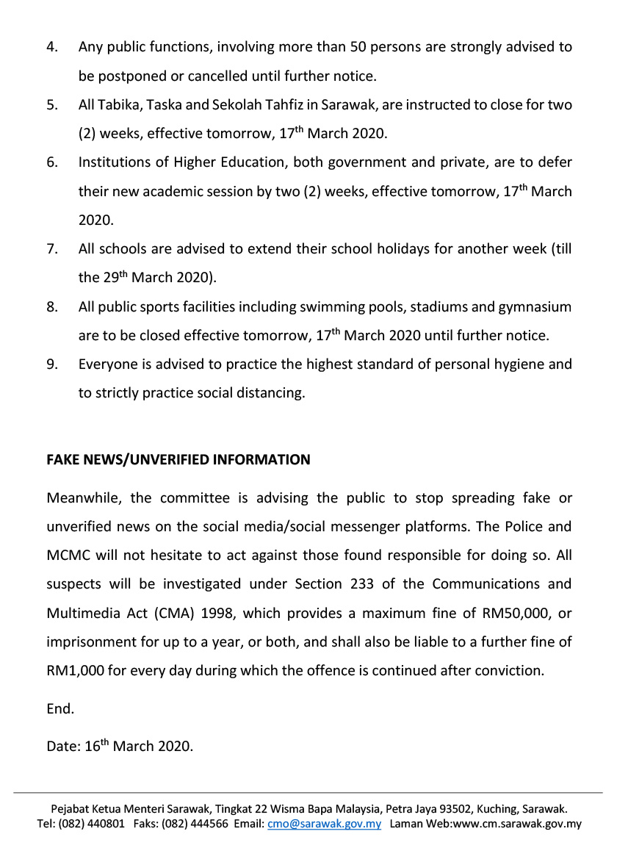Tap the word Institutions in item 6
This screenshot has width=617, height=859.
pyautogui.click(x=114, y=162)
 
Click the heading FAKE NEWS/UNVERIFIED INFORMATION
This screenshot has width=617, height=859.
pyautogui.click(x=178, y=460)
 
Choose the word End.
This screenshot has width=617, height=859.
pyautogui.click(x=60, y=709)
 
